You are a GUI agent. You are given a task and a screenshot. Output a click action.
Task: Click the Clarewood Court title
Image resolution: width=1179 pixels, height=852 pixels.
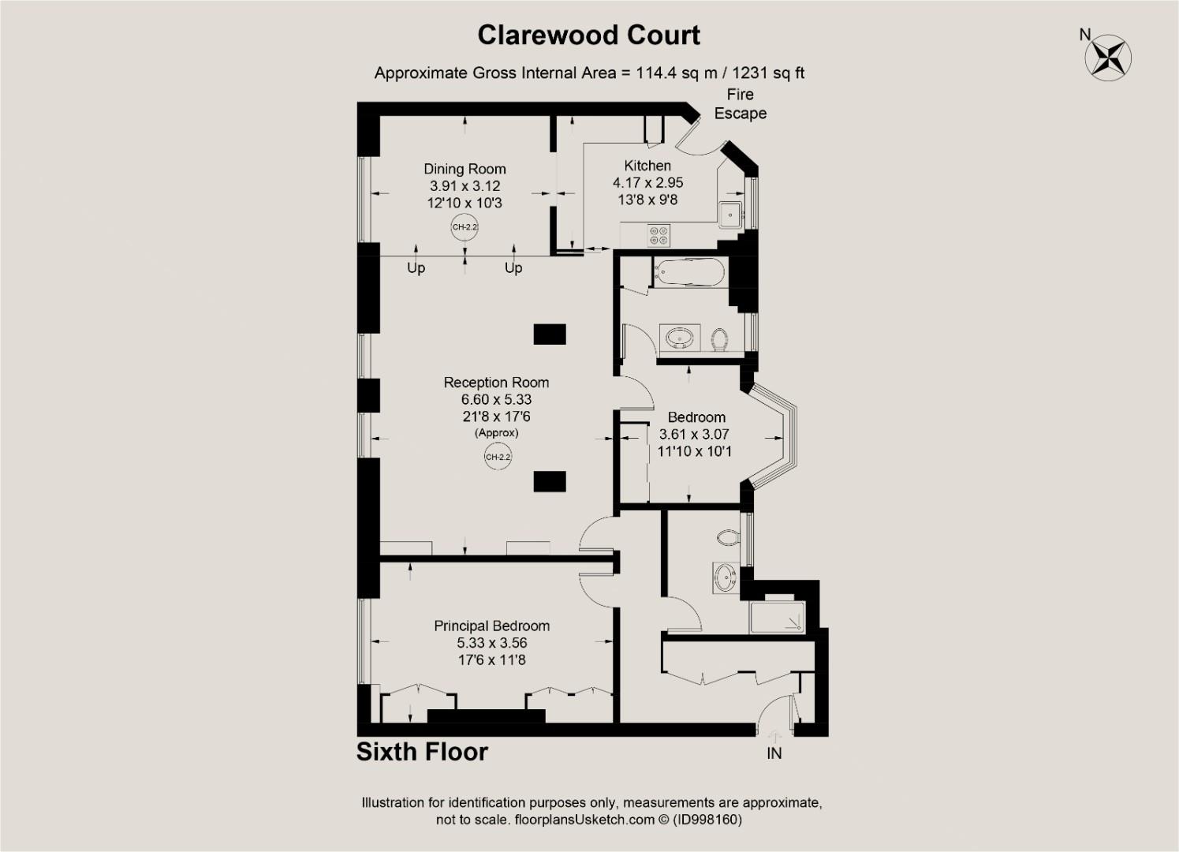(588, 35)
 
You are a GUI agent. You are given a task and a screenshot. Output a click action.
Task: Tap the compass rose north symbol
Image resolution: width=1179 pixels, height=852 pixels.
(1109, 56)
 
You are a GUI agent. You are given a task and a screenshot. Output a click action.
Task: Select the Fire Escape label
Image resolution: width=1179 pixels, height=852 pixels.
(740, 104)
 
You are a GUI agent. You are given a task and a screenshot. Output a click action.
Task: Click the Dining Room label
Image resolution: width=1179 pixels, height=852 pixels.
(465, 169)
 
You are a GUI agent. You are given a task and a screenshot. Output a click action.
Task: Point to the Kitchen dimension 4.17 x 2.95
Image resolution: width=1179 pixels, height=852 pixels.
(647, 182)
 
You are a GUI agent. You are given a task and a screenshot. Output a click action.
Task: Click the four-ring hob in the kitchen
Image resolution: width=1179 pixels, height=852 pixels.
(658, 235)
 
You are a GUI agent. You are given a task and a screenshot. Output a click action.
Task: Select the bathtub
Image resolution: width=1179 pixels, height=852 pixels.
(688, 273)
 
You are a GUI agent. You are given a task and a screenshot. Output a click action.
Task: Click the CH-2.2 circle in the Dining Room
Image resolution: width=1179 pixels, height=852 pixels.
(465, 227)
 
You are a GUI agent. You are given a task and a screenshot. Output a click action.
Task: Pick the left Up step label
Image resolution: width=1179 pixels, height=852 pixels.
(416, 268)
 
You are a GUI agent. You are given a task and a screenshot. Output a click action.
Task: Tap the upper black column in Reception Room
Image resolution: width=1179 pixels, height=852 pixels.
(550, 334)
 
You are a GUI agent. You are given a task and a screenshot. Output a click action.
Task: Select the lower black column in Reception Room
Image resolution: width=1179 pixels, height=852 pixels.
(550, 481)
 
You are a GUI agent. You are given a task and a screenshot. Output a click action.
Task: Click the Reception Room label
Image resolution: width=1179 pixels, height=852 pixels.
(496, 383)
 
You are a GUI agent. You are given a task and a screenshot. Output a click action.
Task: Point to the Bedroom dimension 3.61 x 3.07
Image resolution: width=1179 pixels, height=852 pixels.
(694, 435)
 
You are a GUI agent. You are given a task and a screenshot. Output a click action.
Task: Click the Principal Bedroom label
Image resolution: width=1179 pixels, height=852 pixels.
(491, 626)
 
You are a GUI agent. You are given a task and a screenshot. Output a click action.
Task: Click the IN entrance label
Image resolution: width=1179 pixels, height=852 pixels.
(774, 753)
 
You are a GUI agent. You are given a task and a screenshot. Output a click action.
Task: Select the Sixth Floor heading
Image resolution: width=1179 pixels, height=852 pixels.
(422, 752)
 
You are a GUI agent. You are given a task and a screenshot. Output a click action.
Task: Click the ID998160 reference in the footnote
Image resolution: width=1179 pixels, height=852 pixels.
(707, 820)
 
